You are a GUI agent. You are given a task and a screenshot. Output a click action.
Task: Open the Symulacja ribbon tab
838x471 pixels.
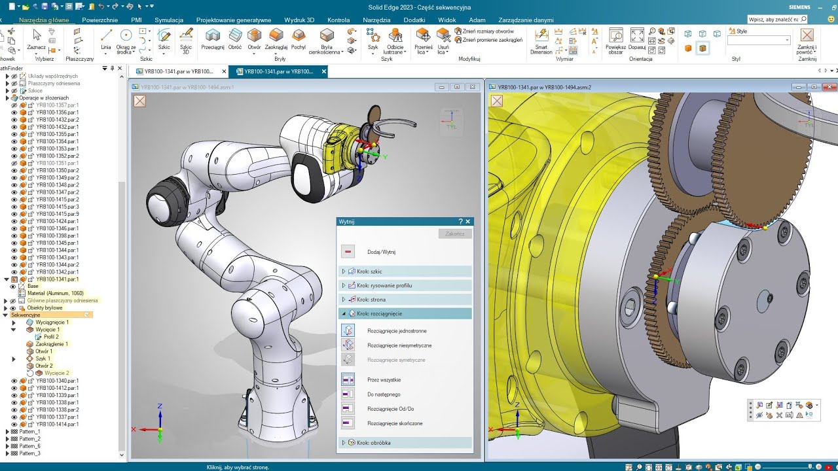pos(169,20)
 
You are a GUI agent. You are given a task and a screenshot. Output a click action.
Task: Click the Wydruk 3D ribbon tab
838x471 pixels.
pos(299,20)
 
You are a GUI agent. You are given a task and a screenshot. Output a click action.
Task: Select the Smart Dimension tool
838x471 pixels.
pos(541,41)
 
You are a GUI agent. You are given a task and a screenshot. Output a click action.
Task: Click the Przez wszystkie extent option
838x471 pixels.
pos(348,380)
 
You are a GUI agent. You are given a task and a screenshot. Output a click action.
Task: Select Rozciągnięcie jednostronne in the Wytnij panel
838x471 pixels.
pos(348,331)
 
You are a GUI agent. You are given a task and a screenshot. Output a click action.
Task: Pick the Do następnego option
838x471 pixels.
pos(348,394)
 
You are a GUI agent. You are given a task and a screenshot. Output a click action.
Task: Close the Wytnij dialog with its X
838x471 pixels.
pos(467,222)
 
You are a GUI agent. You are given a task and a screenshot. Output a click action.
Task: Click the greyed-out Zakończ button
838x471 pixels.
pos(454,234)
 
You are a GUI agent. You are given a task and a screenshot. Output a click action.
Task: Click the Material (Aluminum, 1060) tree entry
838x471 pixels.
pos(55,293)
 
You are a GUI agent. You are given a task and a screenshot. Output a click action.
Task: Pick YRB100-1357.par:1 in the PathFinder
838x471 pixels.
pos(57,105)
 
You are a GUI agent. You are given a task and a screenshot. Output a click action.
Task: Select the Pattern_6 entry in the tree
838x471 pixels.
pos(29,446)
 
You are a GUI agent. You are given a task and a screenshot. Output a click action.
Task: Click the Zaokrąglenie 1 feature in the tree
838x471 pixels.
pos(51,344)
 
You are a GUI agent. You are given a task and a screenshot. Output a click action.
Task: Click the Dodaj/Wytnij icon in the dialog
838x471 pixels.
pos(348,252)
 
